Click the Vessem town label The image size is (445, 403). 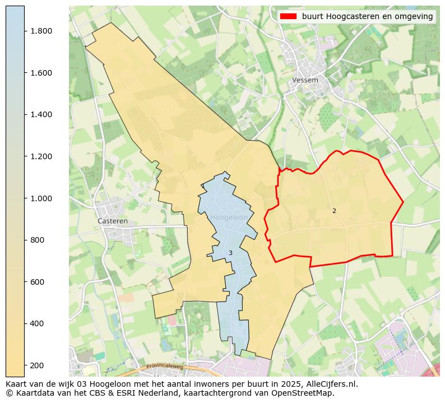tap(305, 80)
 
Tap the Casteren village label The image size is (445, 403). tap(113, 221)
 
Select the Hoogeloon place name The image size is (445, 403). tap(229, 217)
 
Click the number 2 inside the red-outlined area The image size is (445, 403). tap(334, 211)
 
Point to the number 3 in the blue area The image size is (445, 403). tap(230, 253)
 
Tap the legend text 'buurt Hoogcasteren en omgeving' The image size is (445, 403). tap(367, 17)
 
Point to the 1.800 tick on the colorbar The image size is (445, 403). tap(41, 31)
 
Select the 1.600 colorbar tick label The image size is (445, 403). tap(41, 73)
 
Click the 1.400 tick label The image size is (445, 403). tap(41, 114)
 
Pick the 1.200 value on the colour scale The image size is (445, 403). tap(41, 156)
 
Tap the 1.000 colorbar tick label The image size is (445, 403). tap(41, 198)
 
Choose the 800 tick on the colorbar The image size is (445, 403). tap(38, 240)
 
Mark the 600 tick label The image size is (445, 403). tap(38, 282)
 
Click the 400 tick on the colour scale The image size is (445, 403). tap(38, 323)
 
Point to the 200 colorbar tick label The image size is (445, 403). tap(38, 365)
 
